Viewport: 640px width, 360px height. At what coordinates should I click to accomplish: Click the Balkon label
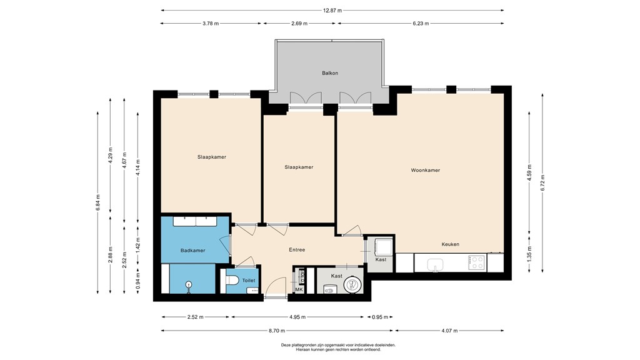pos(330,73)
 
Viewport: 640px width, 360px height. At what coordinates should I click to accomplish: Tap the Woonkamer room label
pos(425,170)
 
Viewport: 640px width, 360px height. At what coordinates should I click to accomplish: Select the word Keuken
pos(450,244)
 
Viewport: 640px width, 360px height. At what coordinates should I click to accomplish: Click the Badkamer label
pos(192,251)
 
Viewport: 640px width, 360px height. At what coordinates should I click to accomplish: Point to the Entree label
pos(297,250)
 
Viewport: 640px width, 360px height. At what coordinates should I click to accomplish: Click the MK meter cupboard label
pos(299,289)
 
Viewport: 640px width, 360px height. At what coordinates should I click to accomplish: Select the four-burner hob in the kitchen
pos(476,262)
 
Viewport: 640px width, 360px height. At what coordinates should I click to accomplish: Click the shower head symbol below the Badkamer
pos(189,285)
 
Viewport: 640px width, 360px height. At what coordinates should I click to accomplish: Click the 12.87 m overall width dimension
pos(332,10)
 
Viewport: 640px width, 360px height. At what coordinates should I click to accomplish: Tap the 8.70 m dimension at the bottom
pos(277,331)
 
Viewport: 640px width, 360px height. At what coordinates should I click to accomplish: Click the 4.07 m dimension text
pos(449,331)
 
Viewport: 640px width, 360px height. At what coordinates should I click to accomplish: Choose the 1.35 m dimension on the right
pos(529,254)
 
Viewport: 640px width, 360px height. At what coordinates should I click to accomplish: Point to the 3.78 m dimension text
pos(211,23)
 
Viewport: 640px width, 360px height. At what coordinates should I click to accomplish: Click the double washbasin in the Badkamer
pos(195,221)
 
